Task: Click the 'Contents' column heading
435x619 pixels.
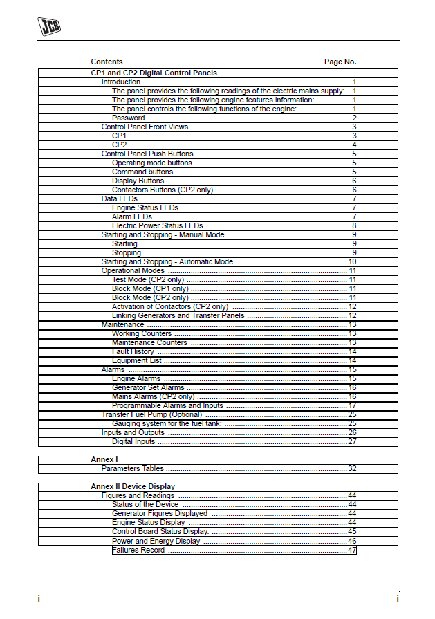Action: [107, 62]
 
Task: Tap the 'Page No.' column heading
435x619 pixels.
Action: [340, 62]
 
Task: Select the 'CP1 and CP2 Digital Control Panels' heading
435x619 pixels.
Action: [154, 73]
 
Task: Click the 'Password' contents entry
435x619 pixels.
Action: [128, 118]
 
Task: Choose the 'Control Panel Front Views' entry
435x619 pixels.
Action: [145, 127]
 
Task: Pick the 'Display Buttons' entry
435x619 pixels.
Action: [138, 181]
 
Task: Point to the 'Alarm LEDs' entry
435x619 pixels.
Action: [131, 216]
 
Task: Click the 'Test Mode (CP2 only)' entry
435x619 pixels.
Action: [147, 279]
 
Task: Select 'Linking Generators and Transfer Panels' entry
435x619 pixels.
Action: [176, 315]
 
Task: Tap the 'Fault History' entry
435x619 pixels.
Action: [133, 351]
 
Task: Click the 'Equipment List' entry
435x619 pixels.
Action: [136, 360]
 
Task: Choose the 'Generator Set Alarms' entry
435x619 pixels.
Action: [148, 387]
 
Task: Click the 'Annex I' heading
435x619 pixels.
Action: [104, 460]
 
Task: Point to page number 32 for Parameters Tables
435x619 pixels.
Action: [352, 469]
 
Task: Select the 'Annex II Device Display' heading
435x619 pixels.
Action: [133, 487]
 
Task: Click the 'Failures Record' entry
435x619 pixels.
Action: [138, 550]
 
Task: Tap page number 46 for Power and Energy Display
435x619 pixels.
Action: [352, 541]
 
